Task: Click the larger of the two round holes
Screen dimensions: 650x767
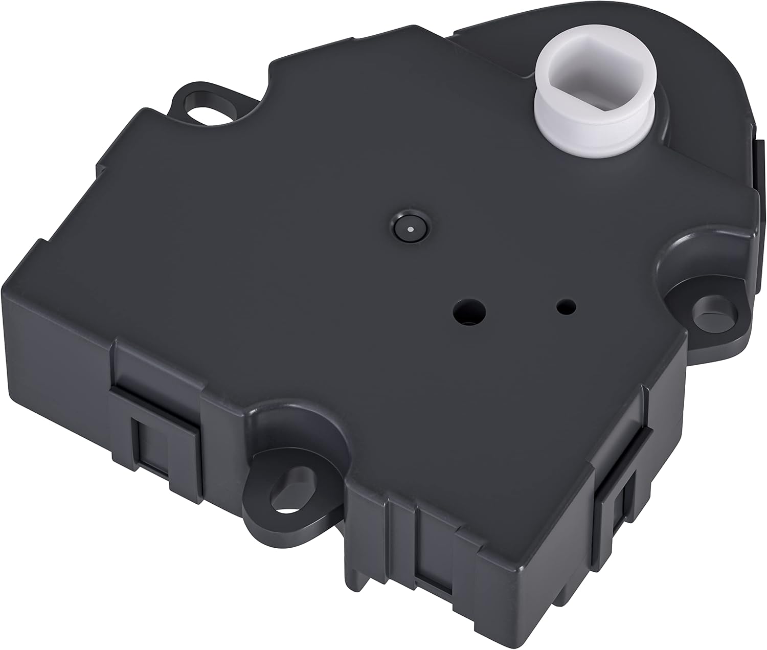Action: click(468, 311)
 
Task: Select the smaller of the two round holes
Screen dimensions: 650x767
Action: click(566, 307)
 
